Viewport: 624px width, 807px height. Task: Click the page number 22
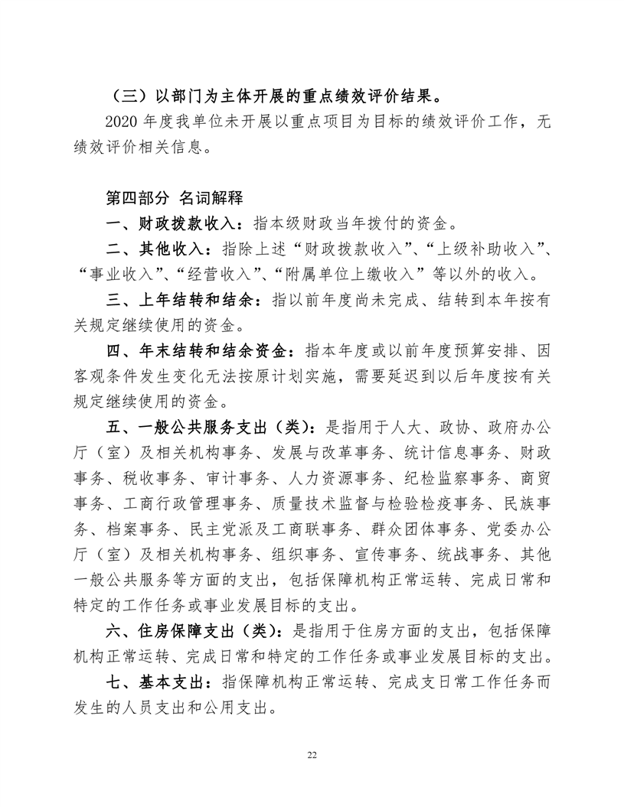pos(312,755)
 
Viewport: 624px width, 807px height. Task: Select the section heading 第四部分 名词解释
pos(174,198)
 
